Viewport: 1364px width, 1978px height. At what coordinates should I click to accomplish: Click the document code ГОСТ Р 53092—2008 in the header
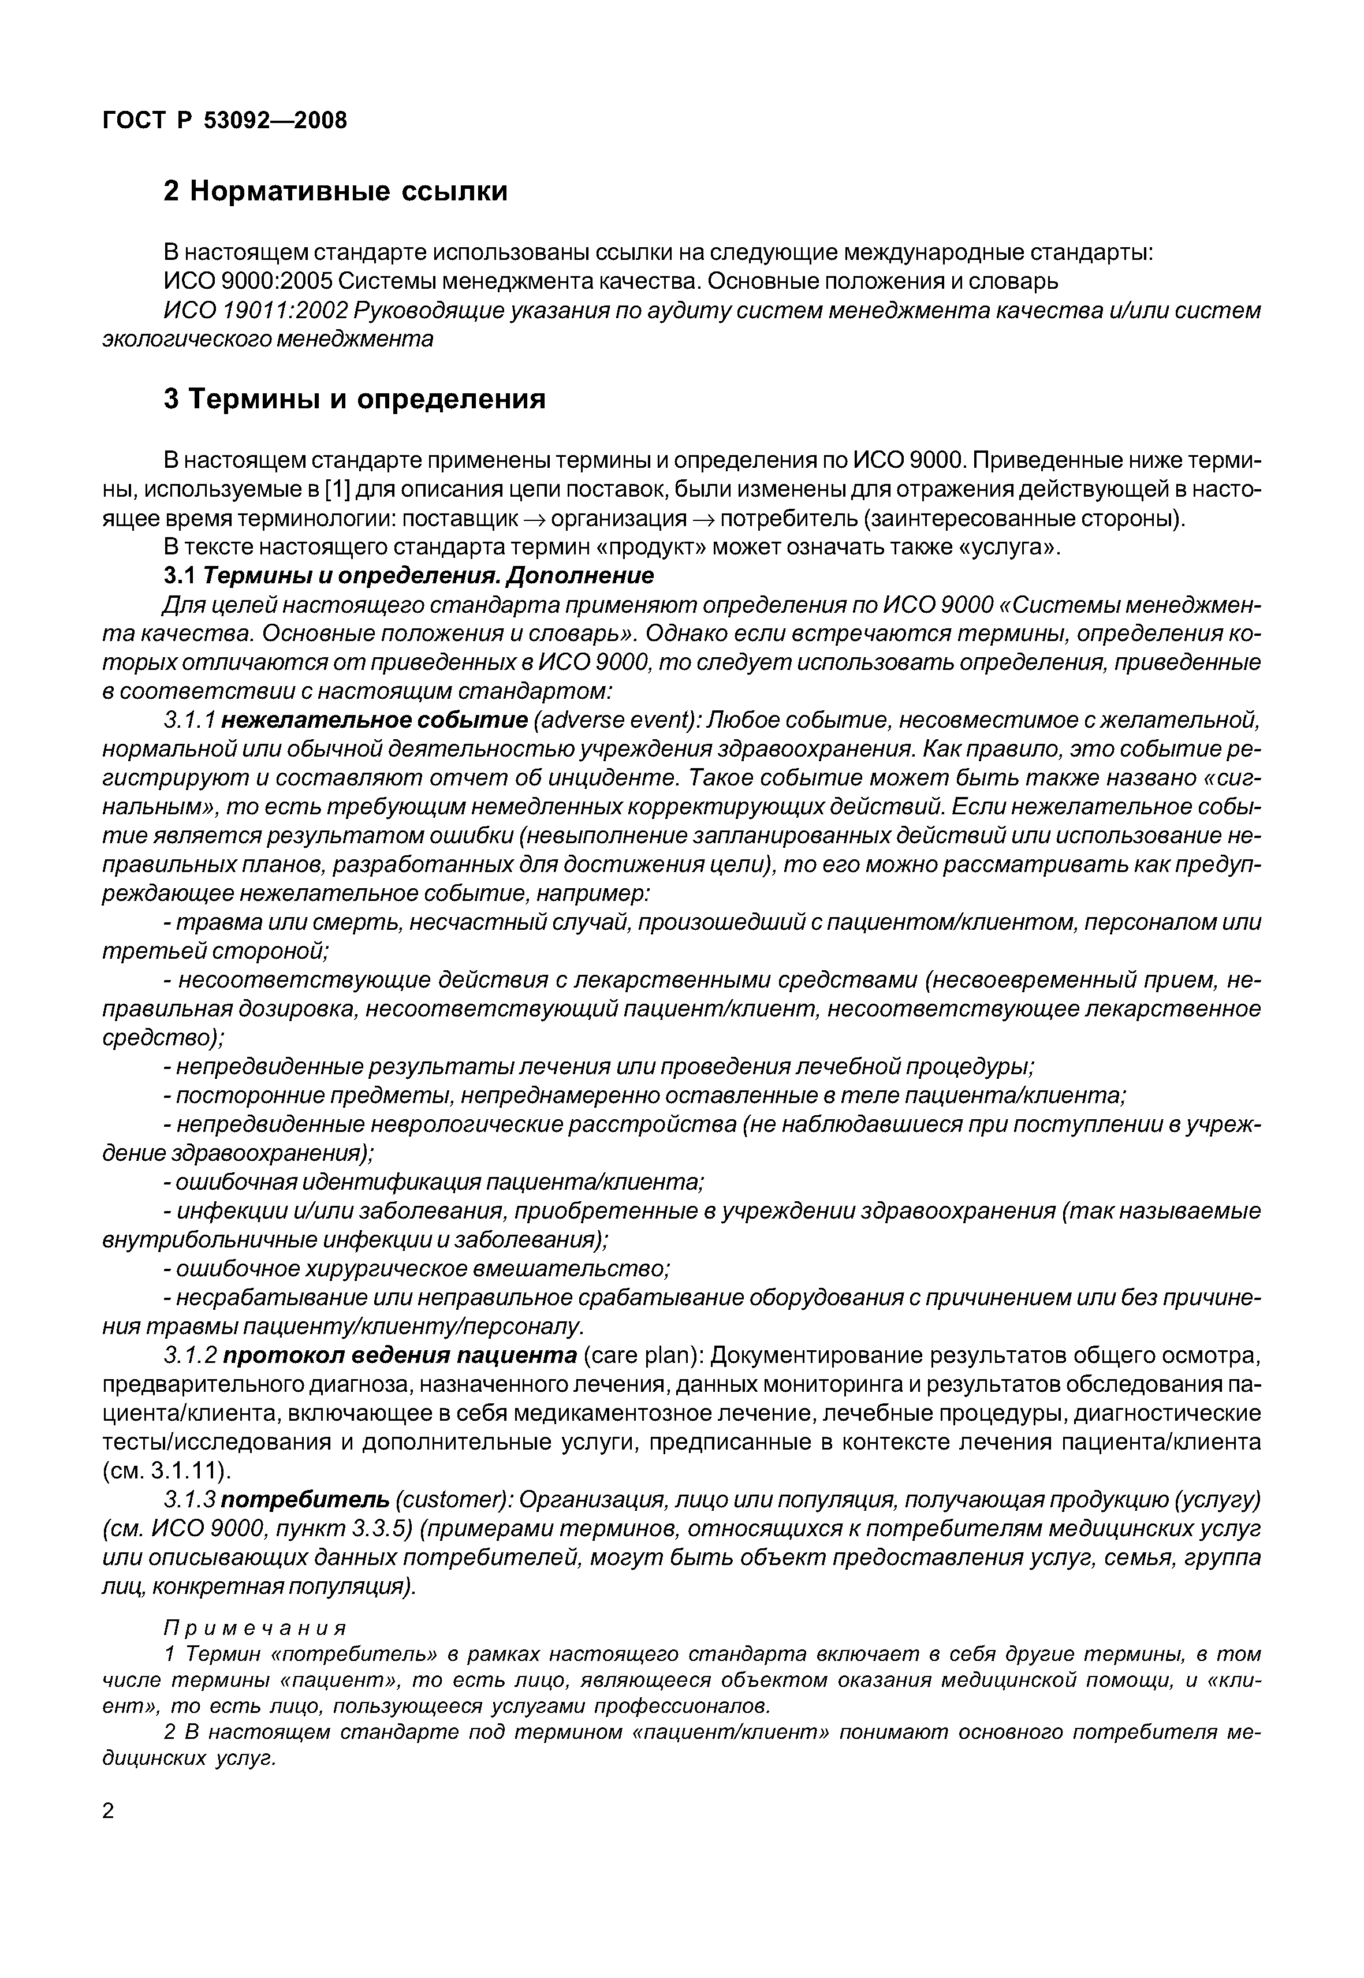pyautogui.click(x=225, y=121)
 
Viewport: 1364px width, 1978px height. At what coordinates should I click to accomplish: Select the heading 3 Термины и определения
pyautogui.click(x=354, y=399)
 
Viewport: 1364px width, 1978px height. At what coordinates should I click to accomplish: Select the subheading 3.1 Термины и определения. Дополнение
pyautogui.click(x=408, y=575)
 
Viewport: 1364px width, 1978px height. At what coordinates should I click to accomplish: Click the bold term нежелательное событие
pyautogui.click(x=374, y=721)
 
